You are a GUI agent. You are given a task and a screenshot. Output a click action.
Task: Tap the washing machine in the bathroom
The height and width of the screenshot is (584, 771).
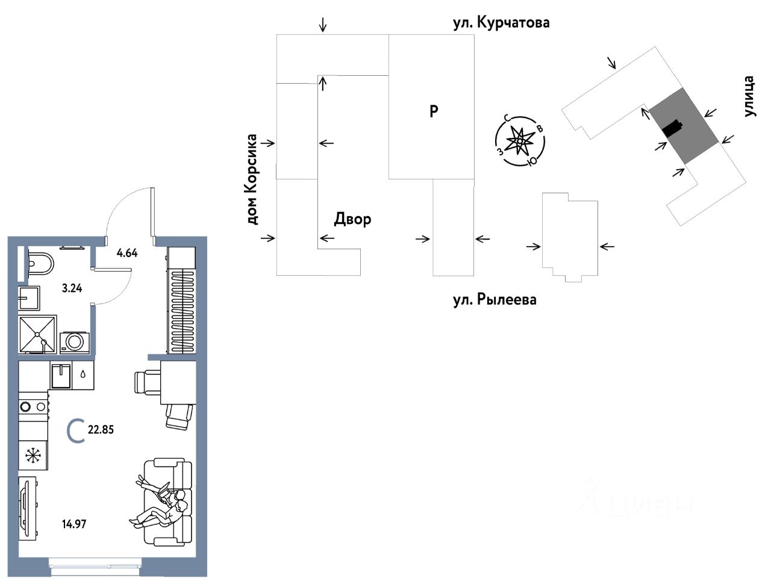[74, 342]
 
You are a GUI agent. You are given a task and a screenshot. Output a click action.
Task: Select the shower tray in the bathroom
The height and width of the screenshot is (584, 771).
[37, 334]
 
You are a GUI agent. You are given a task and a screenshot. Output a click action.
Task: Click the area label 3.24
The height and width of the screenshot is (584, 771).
[72, 288]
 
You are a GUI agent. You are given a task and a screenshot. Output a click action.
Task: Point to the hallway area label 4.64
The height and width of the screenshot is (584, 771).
[127, 253]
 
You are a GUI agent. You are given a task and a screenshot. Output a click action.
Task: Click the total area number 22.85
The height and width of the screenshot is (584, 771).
[101, 430]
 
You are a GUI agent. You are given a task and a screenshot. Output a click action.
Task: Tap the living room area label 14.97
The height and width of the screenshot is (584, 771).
[74, 524]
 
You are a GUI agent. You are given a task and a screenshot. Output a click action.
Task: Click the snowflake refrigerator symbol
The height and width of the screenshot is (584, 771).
[33, 456]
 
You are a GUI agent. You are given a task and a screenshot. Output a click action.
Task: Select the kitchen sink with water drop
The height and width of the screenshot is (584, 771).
[72, 376]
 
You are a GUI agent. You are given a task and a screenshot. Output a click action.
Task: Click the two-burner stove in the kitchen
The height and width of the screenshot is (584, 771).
[33, 406]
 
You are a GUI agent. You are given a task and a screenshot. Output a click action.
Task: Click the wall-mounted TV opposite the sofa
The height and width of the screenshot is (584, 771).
[27, 508]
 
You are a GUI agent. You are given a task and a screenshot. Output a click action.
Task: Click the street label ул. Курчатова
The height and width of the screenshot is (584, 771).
[501, 23]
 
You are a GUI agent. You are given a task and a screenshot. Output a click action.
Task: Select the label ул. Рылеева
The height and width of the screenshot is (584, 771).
[495, 300]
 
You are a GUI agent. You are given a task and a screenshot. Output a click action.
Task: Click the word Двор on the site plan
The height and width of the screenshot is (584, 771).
[352, 219]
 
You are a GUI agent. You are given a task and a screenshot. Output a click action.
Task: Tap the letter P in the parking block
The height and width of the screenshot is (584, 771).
[434, 111]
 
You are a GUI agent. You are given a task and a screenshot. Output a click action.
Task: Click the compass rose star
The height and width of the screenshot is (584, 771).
[519, 141]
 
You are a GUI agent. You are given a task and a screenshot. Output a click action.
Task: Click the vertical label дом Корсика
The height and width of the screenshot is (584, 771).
[252, 179]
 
